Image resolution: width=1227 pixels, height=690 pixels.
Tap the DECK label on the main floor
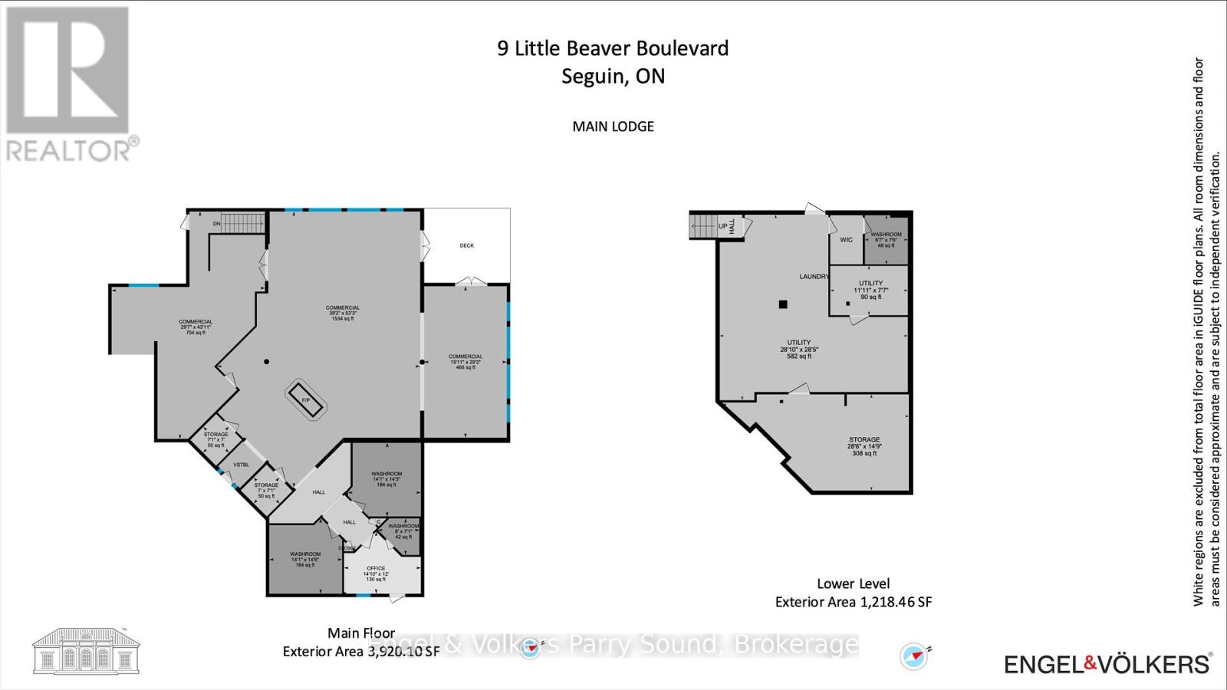(x=467, y=245)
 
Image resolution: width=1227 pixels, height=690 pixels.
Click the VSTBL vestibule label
(x=241, y=465)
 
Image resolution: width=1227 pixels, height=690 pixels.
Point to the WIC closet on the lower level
(x=846, y=240)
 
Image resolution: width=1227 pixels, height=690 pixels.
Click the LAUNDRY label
(x=814, y=277)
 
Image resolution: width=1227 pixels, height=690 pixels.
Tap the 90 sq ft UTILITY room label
(x=870, y=289)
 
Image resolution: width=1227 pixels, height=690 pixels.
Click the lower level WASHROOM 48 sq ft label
(x=886, y=239)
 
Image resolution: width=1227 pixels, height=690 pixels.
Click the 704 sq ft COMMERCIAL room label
(x=196, y=327)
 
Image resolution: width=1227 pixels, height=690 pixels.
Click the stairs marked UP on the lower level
(x=704, y=226)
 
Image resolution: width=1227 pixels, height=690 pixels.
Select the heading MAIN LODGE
(x=613, y=127)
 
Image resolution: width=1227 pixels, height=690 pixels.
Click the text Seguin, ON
(x=613, y=77)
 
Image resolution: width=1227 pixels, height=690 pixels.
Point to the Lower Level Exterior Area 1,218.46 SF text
(x=853, y=593)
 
